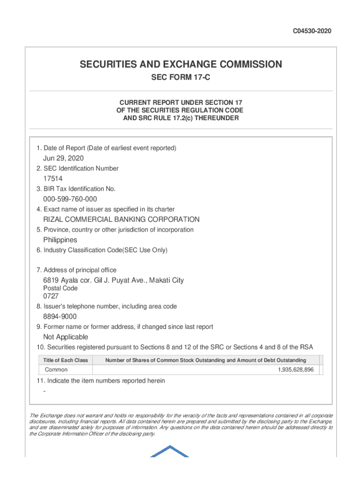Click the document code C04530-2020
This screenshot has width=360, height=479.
pyautogui.click(x=312, y=31)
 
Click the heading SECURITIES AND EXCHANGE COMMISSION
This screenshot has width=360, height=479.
pyautogui.click(x=180, y=65)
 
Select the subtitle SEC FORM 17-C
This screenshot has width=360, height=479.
pyautogui.click(x=180, y=78)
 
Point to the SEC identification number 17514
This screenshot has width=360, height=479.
pyautogui.click(x=53, y=179)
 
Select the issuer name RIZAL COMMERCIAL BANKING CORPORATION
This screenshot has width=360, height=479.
pyautogui.click(x=121, y=219)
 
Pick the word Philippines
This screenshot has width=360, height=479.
pyautogui.click(x=60, y=240)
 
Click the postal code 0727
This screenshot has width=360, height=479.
pyautogui.click(x=51, y=296)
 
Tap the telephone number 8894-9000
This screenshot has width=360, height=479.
pyautogui.click(x=60, y=317)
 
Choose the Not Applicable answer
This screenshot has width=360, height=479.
pyautogui.click(x=65, y=337)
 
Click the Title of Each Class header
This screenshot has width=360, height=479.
pyautogui.click(x=65, y=360)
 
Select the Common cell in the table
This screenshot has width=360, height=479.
pyautogui.click(x=56, y=370)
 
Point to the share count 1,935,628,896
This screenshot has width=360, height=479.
pyautogui.click(x=295, y=370)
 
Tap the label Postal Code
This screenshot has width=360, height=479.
pyautogui.click(x=60, y=289)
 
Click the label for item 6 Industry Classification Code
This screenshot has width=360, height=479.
pyautogui.click(x=102, y=250)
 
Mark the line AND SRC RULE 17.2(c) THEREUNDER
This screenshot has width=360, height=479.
pyautogui.click(x=180, y=118)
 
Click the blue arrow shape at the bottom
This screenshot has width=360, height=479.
pyautogui.click(x=169, y=451)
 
